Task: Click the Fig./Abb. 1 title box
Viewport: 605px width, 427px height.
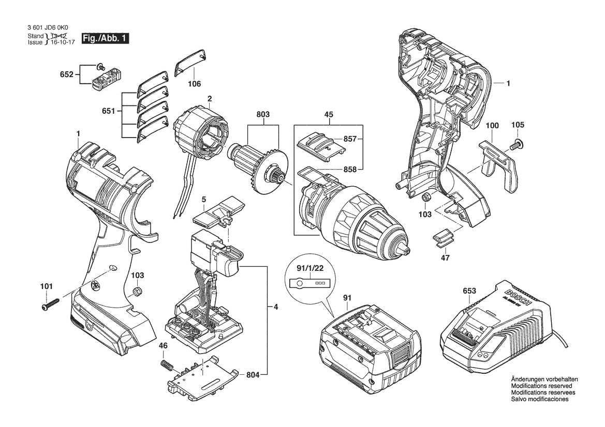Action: tap(105, 39)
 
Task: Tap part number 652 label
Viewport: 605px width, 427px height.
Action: tap(66, 74)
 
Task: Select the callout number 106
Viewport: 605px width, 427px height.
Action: tap(194, 84)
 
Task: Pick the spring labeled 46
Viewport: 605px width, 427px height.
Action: tap(167, 365)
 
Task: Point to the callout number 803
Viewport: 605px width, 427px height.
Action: tap(263, 114)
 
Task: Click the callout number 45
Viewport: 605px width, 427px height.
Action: tap(329, 114)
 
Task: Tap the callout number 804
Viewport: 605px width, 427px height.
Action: tap(253, 375)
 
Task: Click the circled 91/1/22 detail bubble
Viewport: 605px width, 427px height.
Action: tap(310, 278)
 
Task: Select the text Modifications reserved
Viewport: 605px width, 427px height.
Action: tap(541, 386)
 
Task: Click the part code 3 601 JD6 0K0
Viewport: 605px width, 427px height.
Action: tap(48, 28)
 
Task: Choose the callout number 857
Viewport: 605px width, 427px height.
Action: tap(350, 139)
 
